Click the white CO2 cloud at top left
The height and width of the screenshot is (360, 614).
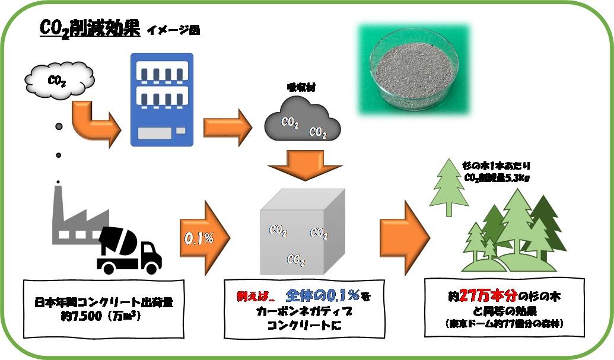[x=59, y=80]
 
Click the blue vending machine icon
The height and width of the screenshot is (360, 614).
[x=162, y=99]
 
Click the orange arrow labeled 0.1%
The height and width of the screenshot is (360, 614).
[x=202, y=238]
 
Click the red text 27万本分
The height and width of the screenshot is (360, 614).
[x=486, y=295]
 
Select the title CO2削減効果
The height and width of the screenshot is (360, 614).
[x=89, y=28]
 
